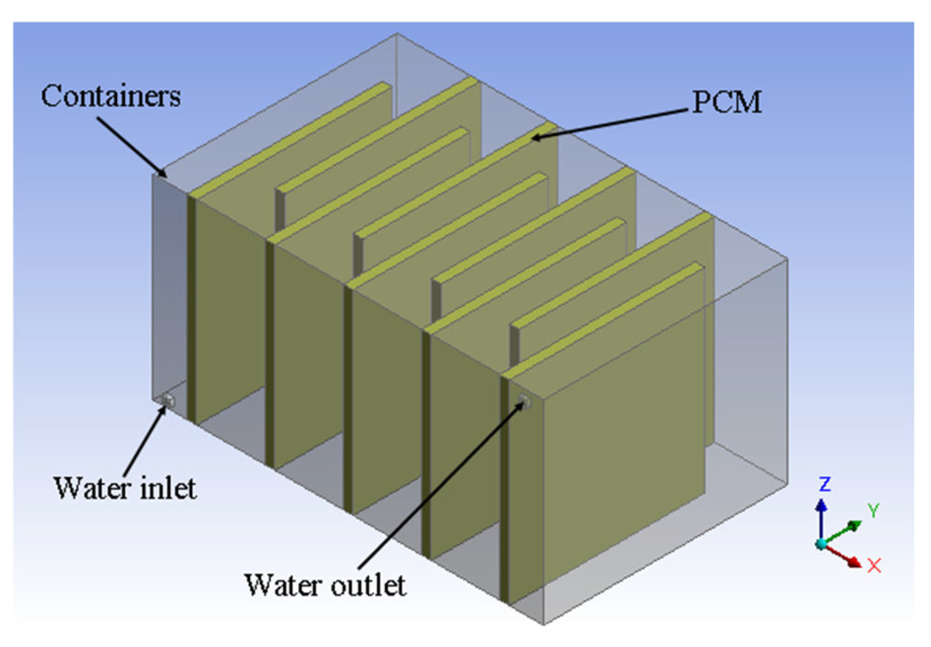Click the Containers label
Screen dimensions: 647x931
pyautogui.click(x=111, y=97)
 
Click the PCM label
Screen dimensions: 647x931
pyautogui.click(x=727, y=102)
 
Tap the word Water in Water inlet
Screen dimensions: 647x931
pyautogui.click(x=92, y=489)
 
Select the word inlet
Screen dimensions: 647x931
pyautogui.click(x=168, y=489)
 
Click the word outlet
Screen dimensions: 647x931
pyautogui.click(x=368, y=585)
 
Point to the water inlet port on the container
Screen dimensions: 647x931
pyautogui.click(x=168, y=401)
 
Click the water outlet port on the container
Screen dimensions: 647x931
pyautogui.click(x=524, y=401)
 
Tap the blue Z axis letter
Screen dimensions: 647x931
pyautogui.click(x=824, y=484)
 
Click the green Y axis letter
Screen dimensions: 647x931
pyautogui.click(x=873, y=510)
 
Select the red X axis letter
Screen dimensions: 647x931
pyautogui.click(x=874, y=565)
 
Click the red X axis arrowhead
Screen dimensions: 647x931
pyautogui.click(x=855, y=562)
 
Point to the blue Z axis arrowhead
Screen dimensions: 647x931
pyautogui.click(x=821, y=505)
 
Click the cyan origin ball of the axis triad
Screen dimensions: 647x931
pyautogui.click(x=821, y=544)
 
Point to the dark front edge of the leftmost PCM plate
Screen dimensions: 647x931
pyautogui.click(x=191, y=308)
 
